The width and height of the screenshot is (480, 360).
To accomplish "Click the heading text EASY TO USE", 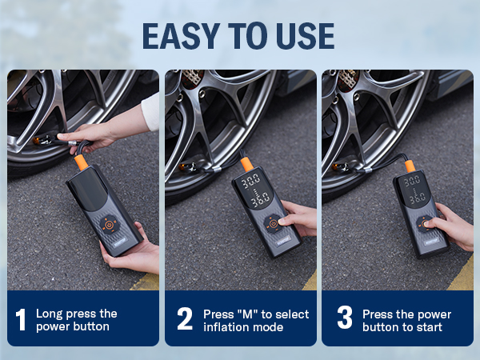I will click(x=238, y=35).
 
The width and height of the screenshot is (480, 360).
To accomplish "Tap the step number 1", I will click(x=21, y=319).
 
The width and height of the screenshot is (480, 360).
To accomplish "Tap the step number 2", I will click(x=185, y=319).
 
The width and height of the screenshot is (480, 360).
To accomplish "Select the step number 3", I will click(x=344, y=319).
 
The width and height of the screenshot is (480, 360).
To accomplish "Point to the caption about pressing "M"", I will click(x=254, y=320).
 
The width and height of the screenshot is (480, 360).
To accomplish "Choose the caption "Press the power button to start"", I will click(x=407, y=320).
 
